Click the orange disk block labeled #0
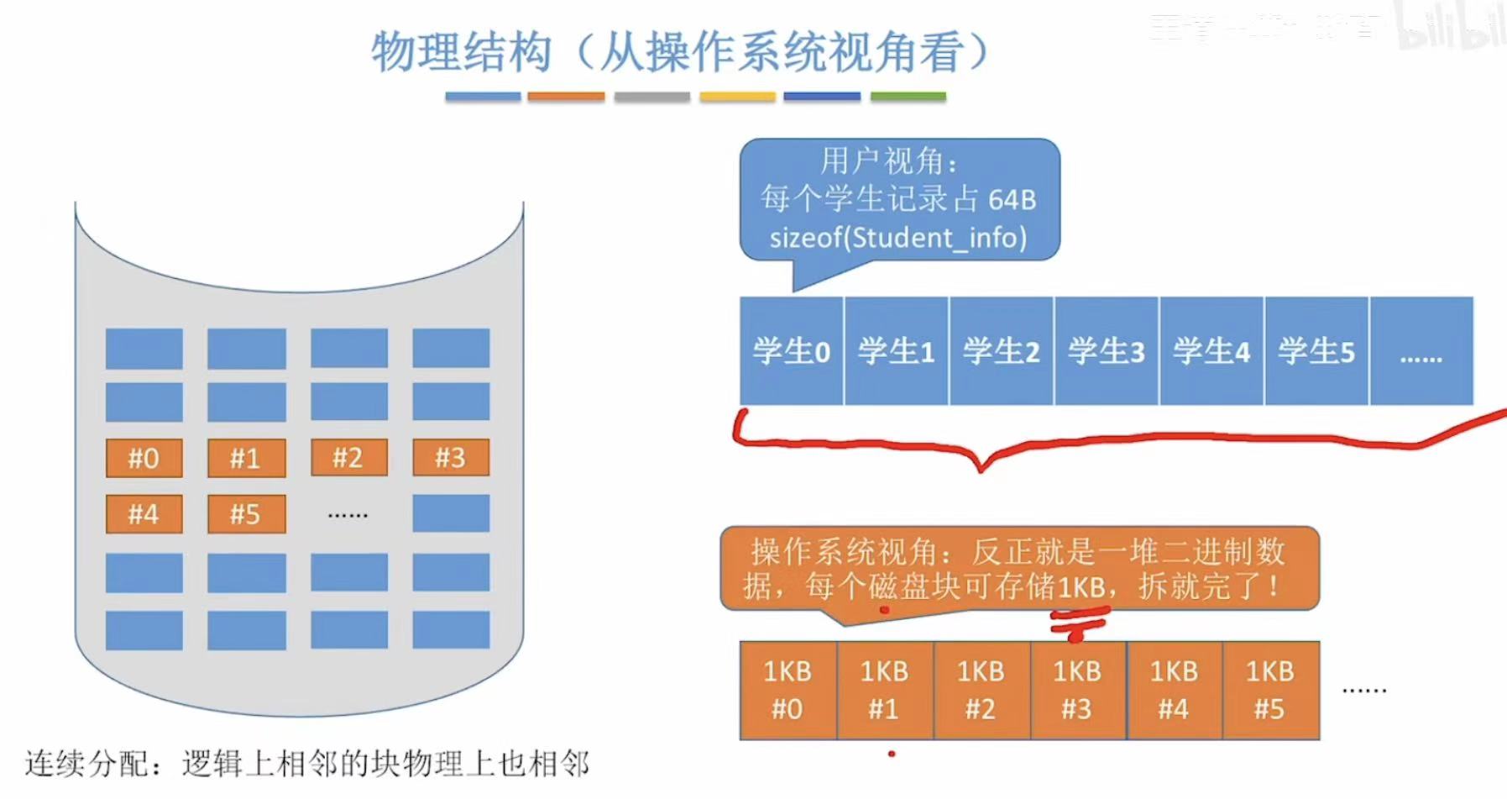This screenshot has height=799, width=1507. pyautogui.click(x=144, y=458)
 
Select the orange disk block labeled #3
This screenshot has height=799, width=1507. pyautogui.click(x=450, y=458)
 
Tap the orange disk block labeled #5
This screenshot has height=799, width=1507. pyautogui.click(x=246, y=514)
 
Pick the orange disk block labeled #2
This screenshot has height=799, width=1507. pyautogui.click(x=348, y=458)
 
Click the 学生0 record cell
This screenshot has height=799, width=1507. pyautogui.click(x=791, y=351)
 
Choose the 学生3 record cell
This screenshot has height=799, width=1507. pyautogui.click(x=1106, y=351)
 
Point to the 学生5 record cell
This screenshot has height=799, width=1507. pyautogui.click(x=1316, y=351)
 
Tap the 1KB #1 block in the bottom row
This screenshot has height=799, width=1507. pyautogui.click(x=884, y=690)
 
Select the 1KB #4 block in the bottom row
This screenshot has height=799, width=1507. pyautogui.click(x=1174, y=690)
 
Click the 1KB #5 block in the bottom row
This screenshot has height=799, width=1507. pyautogui.click(x=1270, y=690)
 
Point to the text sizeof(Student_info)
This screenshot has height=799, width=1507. pyautogui.click(x=897, y=238)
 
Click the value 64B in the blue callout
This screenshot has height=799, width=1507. pyautogui.click(x=1012, y=200)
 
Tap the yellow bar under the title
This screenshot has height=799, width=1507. pyautogui.click(x=737, y=97)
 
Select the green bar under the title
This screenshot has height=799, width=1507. pyautogui.click(x=908, y=97)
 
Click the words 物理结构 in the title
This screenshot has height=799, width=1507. pyautogui.click(x=462, y=52)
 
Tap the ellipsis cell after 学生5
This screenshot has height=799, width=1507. pyautogui.click(x=1421, y=351)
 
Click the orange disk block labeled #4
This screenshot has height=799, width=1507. pyautogui.click(x=144, y=514)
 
